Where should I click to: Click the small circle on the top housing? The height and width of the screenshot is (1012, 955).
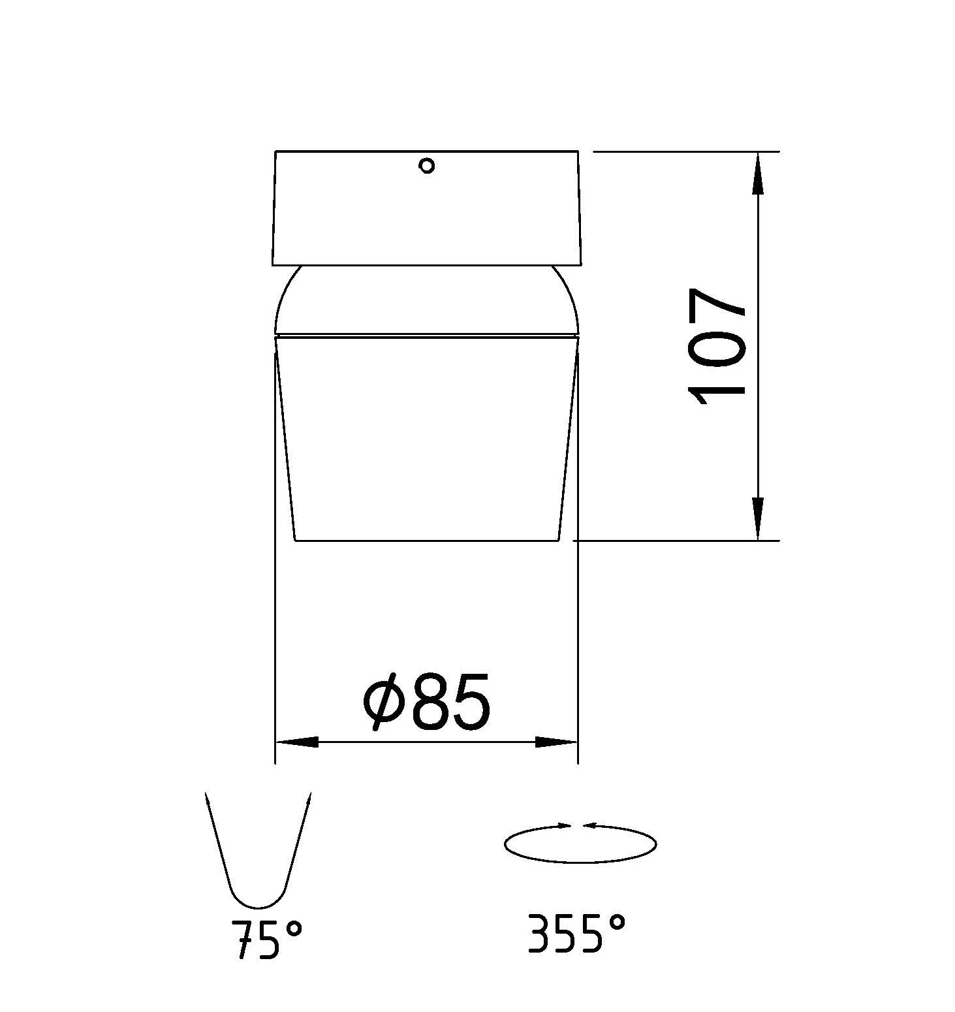pos(427,166)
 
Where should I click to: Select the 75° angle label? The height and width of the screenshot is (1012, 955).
pos(267,938)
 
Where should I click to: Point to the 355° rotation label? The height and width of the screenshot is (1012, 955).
pos(576,933)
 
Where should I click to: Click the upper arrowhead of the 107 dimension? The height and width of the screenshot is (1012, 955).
pos(757,173)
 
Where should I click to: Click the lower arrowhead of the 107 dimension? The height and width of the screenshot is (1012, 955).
pos(757,519)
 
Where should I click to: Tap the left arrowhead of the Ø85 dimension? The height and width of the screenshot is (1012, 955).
pos(297,742)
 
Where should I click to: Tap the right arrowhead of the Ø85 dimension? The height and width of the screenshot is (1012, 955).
pos(556,742)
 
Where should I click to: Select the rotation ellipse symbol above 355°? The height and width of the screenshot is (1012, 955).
pos(580,862)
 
